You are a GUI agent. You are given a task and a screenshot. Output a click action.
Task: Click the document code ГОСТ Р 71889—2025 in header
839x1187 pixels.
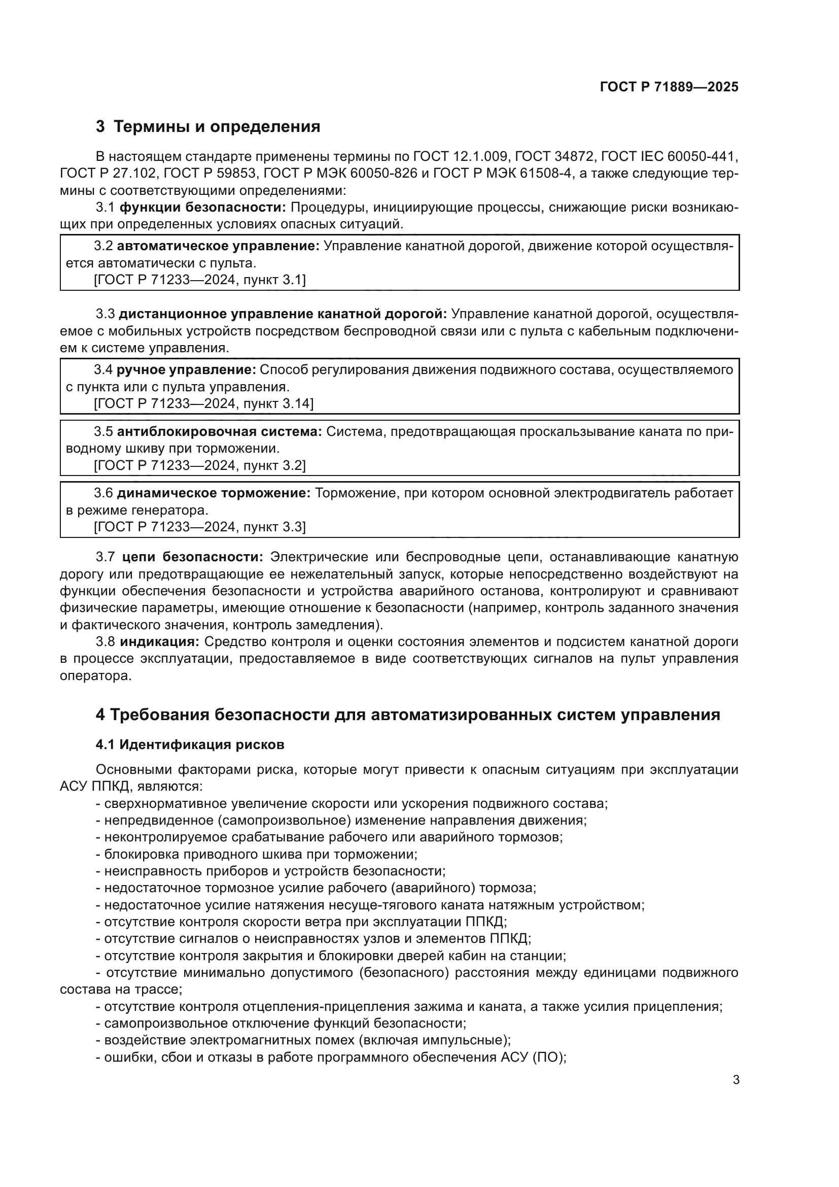669,87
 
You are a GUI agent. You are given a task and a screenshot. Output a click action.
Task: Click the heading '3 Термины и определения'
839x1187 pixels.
207,127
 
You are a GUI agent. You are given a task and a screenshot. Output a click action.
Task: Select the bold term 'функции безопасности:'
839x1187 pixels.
202,208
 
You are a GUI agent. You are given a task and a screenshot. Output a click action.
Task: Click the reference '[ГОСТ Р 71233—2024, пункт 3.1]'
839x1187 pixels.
199,280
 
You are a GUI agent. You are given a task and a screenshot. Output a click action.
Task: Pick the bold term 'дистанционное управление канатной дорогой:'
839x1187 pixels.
283,314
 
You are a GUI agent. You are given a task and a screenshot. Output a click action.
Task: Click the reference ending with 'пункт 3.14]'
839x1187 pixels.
203,404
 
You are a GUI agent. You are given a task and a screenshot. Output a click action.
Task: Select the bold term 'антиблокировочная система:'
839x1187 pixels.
220,432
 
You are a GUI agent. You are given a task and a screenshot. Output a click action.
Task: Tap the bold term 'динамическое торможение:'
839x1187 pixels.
214,493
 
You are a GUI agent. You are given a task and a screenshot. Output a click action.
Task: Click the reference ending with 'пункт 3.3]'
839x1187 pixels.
199,527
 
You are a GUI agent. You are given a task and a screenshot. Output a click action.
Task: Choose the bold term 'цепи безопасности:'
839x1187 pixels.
193,557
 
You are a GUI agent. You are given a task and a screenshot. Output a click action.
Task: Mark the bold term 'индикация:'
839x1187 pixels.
159,642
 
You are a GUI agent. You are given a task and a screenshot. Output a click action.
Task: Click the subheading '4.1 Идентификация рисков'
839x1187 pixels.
190,745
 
